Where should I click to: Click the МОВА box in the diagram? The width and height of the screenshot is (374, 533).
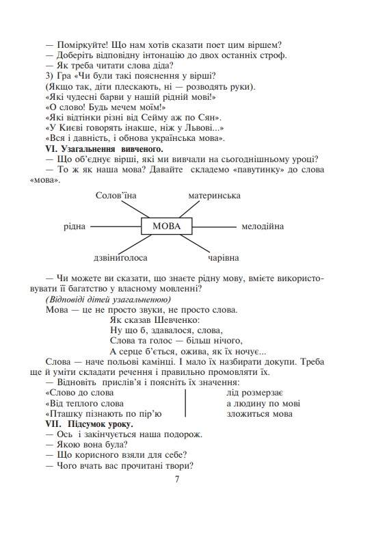[166, 226]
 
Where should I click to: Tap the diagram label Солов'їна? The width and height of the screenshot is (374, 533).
[116, 196]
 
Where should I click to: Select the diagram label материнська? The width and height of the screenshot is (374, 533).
[214, 196]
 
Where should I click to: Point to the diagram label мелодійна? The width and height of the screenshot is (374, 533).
[262, 226]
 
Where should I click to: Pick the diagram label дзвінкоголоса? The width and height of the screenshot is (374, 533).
[120, 258]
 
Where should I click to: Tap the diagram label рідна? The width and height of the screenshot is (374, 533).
[74, 226]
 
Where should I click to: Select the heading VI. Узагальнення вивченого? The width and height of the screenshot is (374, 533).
[104, 148]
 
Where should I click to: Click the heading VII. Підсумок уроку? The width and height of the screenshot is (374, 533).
[90, 424]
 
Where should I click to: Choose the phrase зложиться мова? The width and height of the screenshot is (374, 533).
[258, 413]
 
